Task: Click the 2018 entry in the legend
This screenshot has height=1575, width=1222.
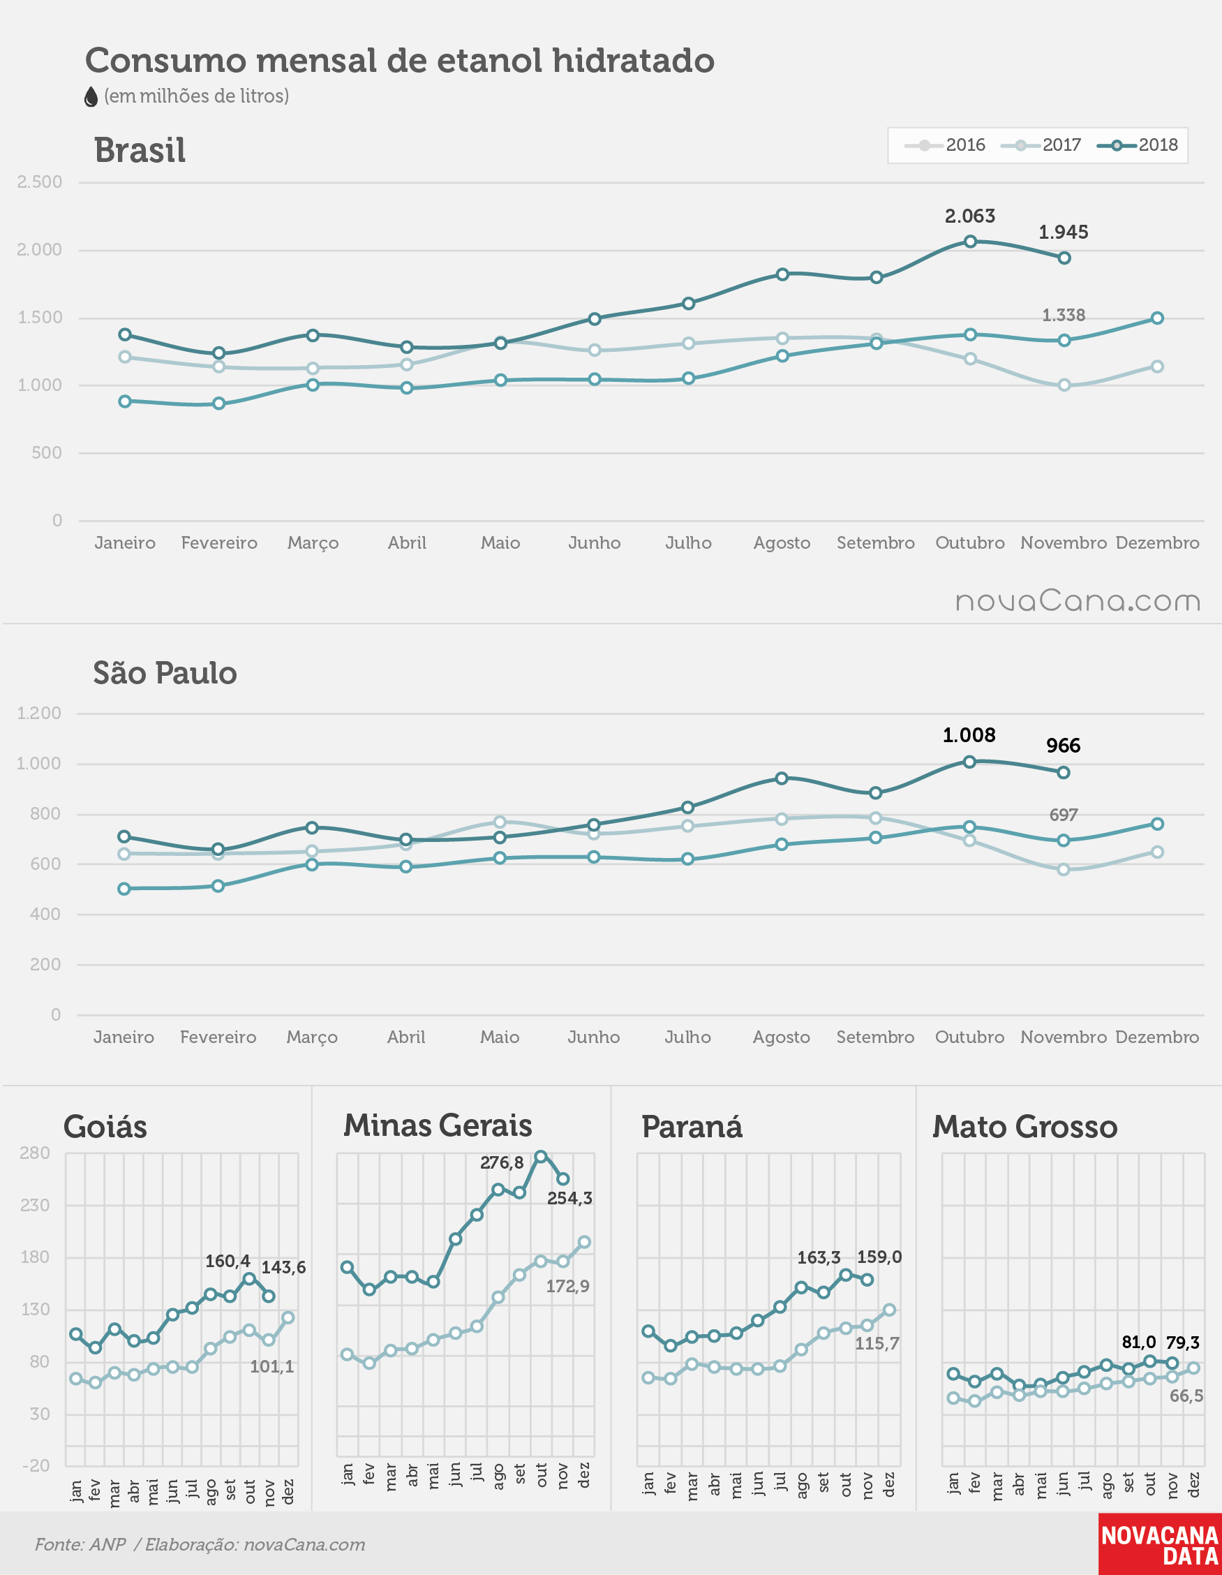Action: click(1138, 145)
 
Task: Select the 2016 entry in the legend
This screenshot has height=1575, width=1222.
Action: click(945, 145)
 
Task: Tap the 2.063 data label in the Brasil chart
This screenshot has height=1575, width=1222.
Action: click(969, 216)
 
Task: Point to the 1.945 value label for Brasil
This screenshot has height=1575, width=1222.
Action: click(1064, 232)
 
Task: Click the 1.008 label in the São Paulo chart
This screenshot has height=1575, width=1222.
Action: click(969, 735)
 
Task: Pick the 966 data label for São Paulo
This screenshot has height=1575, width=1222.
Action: click(1064, 746)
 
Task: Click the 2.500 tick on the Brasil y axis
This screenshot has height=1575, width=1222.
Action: click(40, 182)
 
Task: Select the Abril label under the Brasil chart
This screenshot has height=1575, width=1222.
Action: click(407, 542)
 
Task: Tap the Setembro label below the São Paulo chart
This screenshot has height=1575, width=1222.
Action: click(875, 1037)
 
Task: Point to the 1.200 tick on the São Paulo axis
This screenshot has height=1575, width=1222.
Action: click(39, 713)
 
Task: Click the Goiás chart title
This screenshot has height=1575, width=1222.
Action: click(105, 1126)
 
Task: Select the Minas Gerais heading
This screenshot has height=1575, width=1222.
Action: click(438, 1125)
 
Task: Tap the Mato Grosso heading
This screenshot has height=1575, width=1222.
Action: click(1024, 1126)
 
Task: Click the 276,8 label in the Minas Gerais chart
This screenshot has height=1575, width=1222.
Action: click(502, 1162)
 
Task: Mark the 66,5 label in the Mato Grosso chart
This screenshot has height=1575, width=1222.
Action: click(1186, 1396)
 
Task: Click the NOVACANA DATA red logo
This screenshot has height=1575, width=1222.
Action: click(1160, 1544)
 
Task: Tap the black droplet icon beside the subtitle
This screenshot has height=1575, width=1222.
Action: click(91, 96)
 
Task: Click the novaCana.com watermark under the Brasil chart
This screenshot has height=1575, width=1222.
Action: click(1078, 600)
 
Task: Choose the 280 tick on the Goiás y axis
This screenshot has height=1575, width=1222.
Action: click(36, 1153)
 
